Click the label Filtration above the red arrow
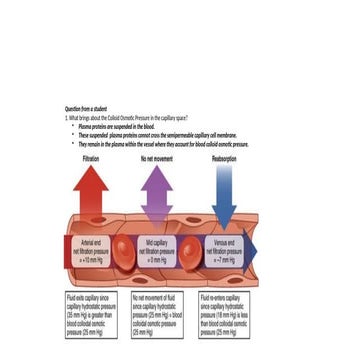tap(91, 158)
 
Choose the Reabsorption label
tap(224, 158)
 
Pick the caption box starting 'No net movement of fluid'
tap(157, 315)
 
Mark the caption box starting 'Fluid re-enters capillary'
tap(224, 315)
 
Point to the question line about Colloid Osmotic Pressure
tap(125, 117)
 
